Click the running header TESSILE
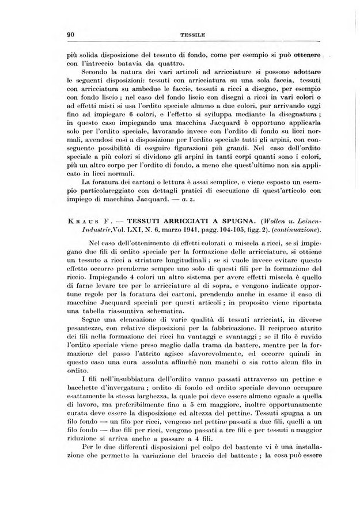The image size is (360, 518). pos(190,36)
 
